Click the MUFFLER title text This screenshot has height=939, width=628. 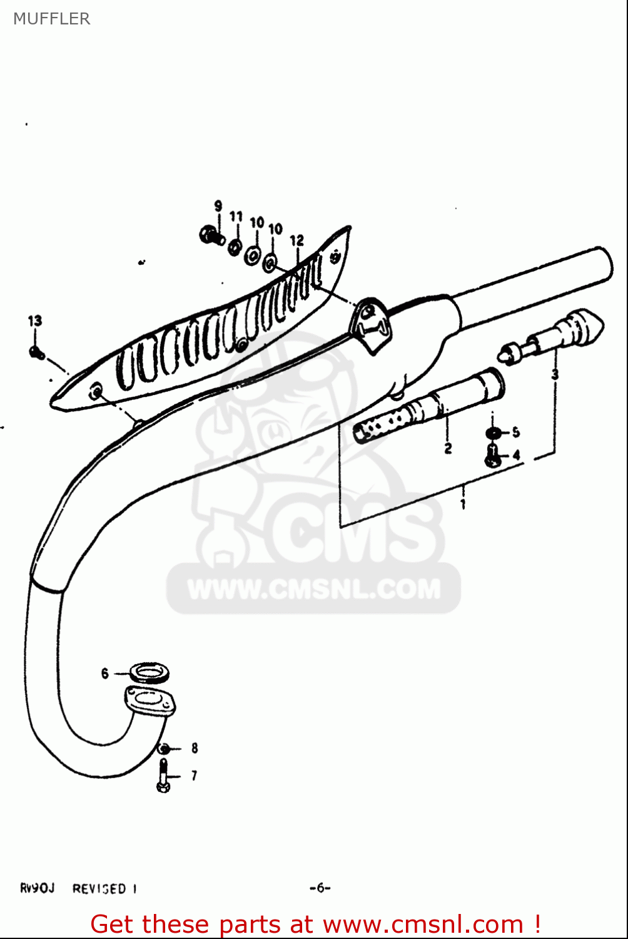point(51,19)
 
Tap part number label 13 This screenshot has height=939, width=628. point(35,321)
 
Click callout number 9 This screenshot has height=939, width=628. point(218,206)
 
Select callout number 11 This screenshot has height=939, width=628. point(236,217)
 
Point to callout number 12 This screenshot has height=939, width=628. point(296,240)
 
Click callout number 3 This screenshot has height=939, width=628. point(555,375)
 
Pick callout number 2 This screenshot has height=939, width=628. point(448,448)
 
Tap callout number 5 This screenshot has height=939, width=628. point(515,432)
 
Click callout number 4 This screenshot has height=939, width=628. point(515,456)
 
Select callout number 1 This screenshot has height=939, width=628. point(463,504)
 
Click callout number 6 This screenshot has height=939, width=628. point(105,674)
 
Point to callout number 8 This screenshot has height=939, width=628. point(195,748)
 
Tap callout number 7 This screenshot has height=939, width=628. point(194,776)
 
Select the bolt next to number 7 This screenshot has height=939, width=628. point(164,776)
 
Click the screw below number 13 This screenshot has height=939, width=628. point(36,353)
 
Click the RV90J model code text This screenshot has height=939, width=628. point(37,888)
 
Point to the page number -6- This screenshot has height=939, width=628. point(320,888)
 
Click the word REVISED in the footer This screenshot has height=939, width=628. point(99,889)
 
